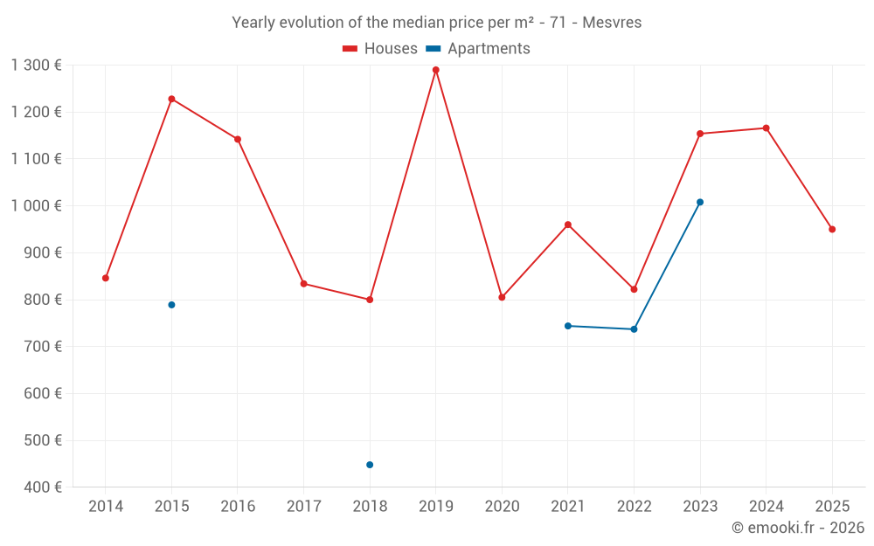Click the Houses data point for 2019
[435, 70]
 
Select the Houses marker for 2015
[171, 99]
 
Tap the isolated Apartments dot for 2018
[370, 465]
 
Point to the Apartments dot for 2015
[171, 305]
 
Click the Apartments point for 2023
[700, 202]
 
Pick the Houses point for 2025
[832, 229]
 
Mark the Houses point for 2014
[106, 278]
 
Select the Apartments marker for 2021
[568, 326]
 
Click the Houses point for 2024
[766, 128]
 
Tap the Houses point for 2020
[502, 297]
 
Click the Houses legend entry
[380, 49]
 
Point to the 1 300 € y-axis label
[36, 66]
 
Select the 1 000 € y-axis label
[36, 206]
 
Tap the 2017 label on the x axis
[303, 507]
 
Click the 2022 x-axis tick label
[634, 507]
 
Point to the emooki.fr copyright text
[797, 528]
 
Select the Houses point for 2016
[238, 139]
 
